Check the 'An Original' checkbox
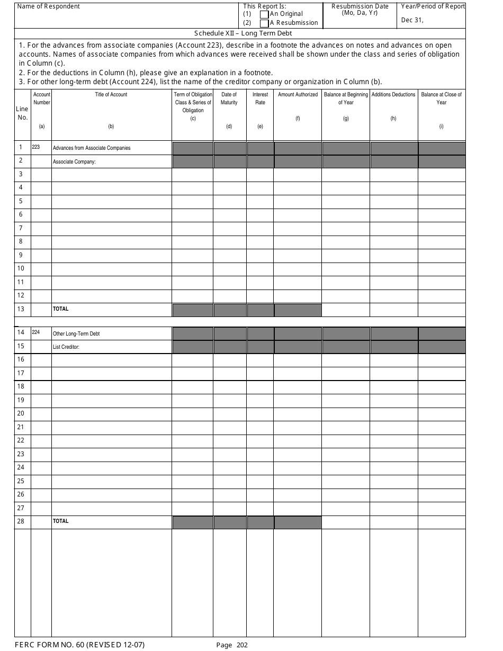point(264,14)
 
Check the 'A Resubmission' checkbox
point(264,23)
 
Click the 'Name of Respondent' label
point(49,6)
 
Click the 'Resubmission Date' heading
point(360,6)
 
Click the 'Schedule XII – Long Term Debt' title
point(239,33)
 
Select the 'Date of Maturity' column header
point(229,98)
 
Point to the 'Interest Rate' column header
point(260,98)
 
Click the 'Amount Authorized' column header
point(298,95)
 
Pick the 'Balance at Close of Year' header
point(441,98)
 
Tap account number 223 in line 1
point(36,147)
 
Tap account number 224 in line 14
point(36,332)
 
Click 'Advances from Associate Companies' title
point(92,148)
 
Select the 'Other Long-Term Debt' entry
point(76,334)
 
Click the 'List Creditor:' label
point(66,347)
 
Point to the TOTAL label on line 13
point(60,309)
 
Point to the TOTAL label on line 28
point(60,521)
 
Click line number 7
point(21,228)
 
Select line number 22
point(21,440)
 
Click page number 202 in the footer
point(242,645)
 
